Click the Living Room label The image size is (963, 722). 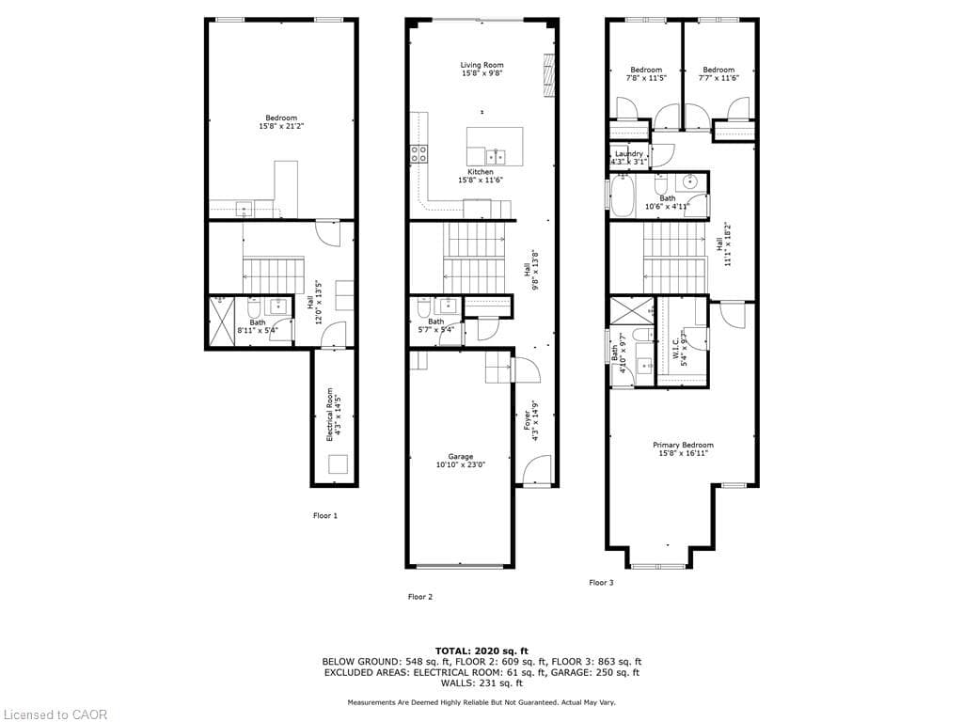[x=481, y=65]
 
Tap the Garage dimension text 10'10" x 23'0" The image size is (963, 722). [x=461, y=464]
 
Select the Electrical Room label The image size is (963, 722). [x=330, y=415]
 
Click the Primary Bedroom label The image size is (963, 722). [x=683, y=445]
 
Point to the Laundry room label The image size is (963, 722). [x=628, y=153]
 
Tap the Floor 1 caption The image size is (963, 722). [x=324, y=515]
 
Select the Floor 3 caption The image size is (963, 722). [x=601, y=582]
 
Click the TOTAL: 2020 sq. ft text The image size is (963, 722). [x=481, y=651]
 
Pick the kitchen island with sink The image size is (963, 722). [x=495, y=147]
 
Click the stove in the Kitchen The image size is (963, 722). [x=418, y=153]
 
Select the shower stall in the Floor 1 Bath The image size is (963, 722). [x=222, y=322]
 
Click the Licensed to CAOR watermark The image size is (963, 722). [x=55, y=714]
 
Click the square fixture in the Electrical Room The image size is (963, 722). [x=338, y=463]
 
